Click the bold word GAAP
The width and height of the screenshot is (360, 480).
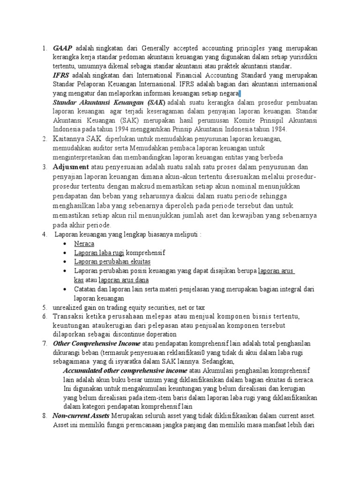pyautogui.click(x=63, y=48)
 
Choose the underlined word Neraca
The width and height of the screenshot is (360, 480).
pyautogui.click(x=84, y=244)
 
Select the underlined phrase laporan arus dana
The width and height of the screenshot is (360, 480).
pyautogui.click(x=123, y=280)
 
